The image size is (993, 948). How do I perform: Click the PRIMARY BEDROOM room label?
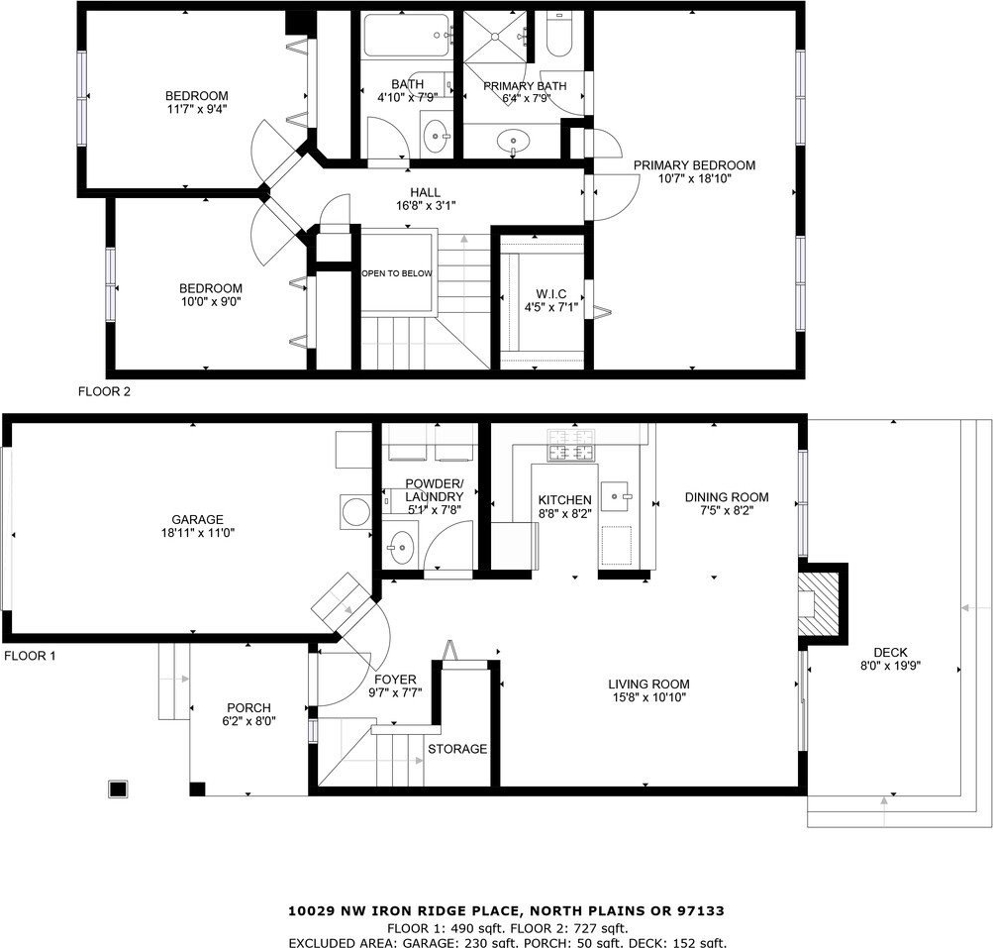point(694,165)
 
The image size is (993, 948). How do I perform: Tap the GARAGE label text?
point(198,520)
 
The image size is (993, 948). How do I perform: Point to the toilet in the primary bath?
point(559,36)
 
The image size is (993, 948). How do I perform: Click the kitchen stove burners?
point(572,445)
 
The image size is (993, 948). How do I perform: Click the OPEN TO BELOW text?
point(396,273)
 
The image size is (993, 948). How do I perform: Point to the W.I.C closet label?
point(551,294)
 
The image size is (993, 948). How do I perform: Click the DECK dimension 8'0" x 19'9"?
point(890,666)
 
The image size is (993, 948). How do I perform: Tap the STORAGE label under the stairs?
point(457,749)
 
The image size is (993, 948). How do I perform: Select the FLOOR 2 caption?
point(104,391)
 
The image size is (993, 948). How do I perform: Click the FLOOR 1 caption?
point(30,656)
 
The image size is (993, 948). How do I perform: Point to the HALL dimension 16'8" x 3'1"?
point(426,205)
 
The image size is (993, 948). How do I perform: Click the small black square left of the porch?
point(118,789)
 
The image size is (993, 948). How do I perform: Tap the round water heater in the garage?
point(355,511)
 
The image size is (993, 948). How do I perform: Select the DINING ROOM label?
point(727,497)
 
